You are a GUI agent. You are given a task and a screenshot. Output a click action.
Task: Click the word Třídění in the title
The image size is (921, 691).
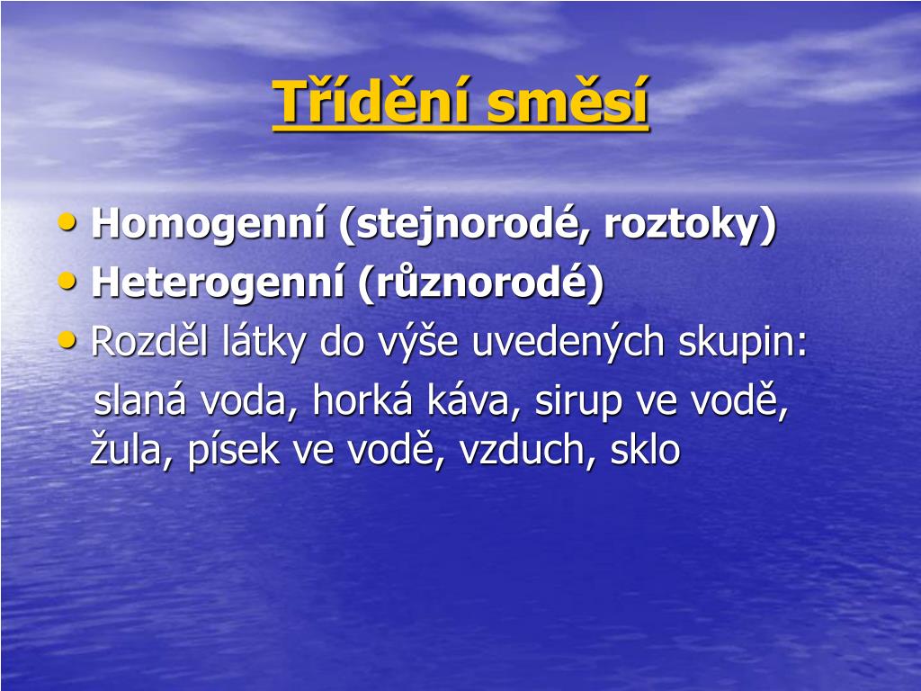pos(372,100)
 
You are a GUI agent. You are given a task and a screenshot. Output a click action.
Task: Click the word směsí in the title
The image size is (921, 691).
pos(568,100)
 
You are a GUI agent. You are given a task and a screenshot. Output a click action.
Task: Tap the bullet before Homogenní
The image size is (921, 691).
pos(67,221)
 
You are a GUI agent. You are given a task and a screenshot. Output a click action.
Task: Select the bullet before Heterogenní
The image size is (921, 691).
pos(67,281)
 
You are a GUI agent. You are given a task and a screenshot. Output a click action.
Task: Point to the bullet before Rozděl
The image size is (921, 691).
pos(67,339)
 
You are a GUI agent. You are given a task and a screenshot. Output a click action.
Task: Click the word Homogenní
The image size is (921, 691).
pos(209,224)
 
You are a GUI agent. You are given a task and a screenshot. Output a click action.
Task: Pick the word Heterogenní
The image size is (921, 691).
pos(218,283)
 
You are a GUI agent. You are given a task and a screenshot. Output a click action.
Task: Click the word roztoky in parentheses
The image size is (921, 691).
pos(683,224)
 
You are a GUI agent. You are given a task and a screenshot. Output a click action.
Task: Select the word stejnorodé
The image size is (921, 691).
pos(468,224)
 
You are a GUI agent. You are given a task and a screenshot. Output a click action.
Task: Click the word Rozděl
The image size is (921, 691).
pos(150,341)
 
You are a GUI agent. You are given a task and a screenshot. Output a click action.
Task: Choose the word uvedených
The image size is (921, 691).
pos(568,342)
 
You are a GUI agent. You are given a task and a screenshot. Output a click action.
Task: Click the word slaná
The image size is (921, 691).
pos(140,399)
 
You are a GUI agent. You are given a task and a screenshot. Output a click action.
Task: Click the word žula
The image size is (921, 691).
pos(126,450)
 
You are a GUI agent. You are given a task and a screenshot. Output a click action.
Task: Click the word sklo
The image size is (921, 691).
pos(645,449)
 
